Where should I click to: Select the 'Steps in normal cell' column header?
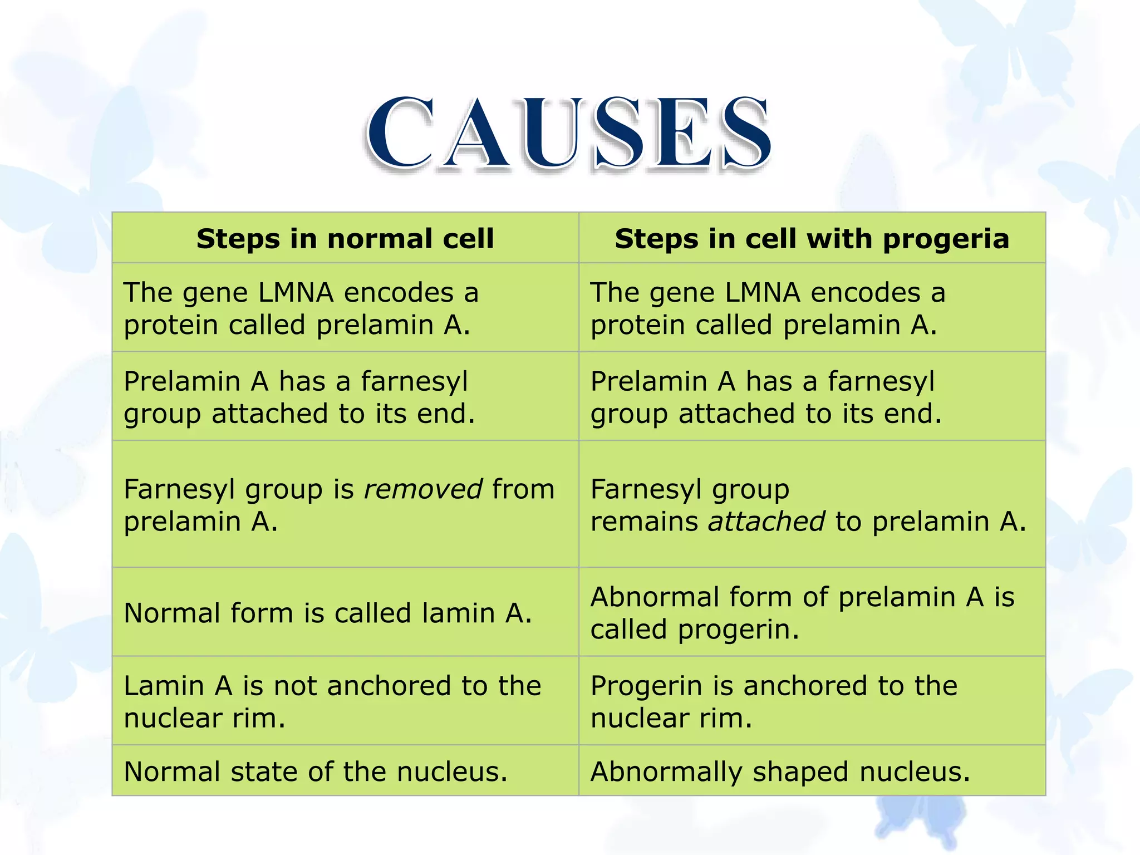345,239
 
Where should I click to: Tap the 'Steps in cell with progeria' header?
812,239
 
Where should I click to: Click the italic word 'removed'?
423,489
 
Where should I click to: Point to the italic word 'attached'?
766,522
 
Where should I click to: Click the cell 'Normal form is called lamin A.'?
328,613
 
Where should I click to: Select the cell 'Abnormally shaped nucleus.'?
780,772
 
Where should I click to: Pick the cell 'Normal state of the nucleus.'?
316,772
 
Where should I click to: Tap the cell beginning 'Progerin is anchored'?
774,701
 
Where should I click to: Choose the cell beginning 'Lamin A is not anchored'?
332,701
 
